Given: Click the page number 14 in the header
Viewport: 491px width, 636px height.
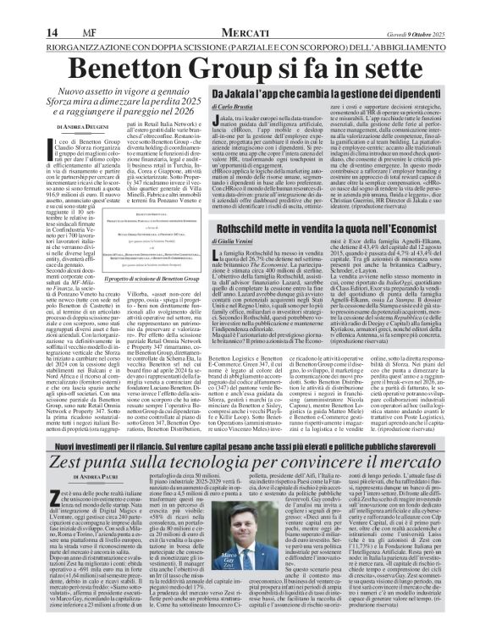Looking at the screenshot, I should (x=17, y=8).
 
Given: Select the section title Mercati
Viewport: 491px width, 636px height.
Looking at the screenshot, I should (x=244, y=8).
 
